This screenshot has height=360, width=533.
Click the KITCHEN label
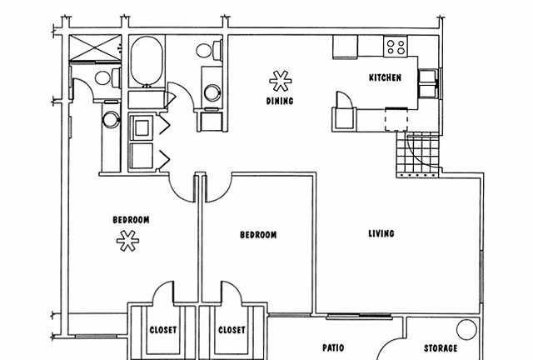[385, 77]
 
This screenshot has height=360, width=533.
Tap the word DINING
[280, 101]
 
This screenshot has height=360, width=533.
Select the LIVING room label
[381, 233]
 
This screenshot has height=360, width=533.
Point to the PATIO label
[333, 347]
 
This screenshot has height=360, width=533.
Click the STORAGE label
[441, 348]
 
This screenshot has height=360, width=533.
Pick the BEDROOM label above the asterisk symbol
[131, 220]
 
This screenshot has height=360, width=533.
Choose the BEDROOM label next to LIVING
[258, 235]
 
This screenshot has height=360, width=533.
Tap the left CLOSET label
[163, 330]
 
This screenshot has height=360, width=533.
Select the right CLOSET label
[232, 330]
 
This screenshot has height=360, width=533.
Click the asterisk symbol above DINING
[281, 81]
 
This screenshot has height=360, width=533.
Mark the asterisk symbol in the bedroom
[127, 241]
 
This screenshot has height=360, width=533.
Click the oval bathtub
[147, 61]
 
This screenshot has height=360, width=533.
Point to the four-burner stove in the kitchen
[396, 47]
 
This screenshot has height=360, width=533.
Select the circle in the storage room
[466, 329]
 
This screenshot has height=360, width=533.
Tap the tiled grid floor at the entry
[418, 154]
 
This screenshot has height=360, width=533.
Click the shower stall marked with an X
[95, 48]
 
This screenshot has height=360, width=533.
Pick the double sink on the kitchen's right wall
[428, 83]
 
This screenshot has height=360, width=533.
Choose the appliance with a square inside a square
[142, 128]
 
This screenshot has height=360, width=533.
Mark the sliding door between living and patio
[359, 317]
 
